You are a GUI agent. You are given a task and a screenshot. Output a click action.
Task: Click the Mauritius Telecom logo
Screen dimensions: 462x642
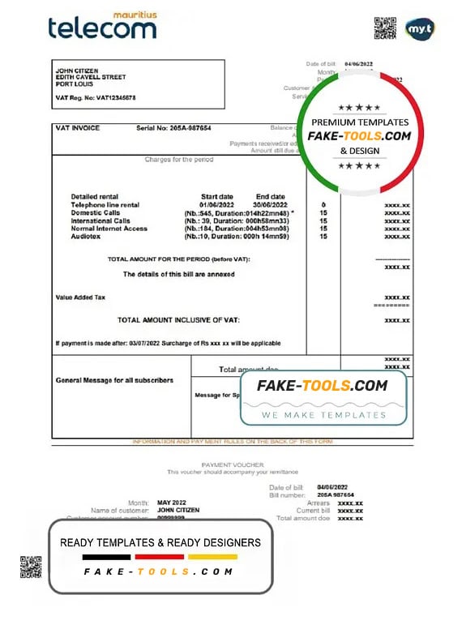point(101,26)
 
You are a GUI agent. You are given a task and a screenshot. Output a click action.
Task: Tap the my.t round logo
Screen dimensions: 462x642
point(420,28)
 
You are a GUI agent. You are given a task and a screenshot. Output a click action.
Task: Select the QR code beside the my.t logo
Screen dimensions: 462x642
point(385,28)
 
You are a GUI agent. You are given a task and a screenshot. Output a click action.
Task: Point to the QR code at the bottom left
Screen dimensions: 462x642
point(31,566)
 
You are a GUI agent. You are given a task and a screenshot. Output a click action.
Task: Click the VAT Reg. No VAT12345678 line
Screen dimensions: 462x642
point(96,97)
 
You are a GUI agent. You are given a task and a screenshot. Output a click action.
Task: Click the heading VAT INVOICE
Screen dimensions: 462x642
point(78,128)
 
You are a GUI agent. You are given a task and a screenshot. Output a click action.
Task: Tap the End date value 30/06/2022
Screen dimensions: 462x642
point(270,205)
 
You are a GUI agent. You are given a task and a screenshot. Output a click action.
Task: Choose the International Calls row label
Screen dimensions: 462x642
point(101,220)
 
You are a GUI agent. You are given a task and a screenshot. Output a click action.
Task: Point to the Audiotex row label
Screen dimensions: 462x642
point(87,237)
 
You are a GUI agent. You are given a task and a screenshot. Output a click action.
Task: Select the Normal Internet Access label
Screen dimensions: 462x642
point(109,229)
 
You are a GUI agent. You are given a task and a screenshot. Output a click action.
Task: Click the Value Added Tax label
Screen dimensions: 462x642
point(80,297)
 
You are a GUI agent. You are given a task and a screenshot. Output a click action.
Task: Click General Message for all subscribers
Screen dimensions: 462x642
point(114,380)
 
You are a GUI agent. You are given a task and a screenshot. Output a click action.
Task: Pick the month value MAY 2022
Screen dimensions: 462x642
point(172,503)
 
